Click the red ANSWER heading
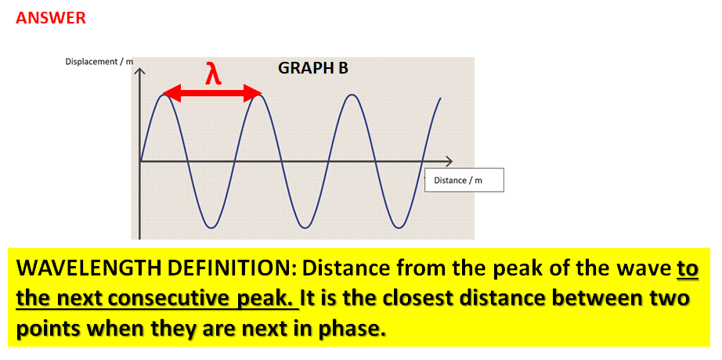tap(51, 18)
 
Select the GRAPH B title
tap(313, 68)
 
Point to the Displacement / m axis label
tap(99, 62)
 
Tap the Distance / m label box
tap(464, 181)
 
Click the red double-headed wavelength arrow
tap(212, 95)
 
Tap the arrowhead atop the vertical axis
tap(140, 71)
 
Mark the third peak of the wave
tap(353, 95)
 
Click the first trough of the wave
tap(211, 227)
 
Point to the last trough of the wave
tap(399, 227)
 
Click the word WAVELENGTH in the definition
tap(78, 269)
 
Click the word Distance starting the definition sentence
tap(341, 269)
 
